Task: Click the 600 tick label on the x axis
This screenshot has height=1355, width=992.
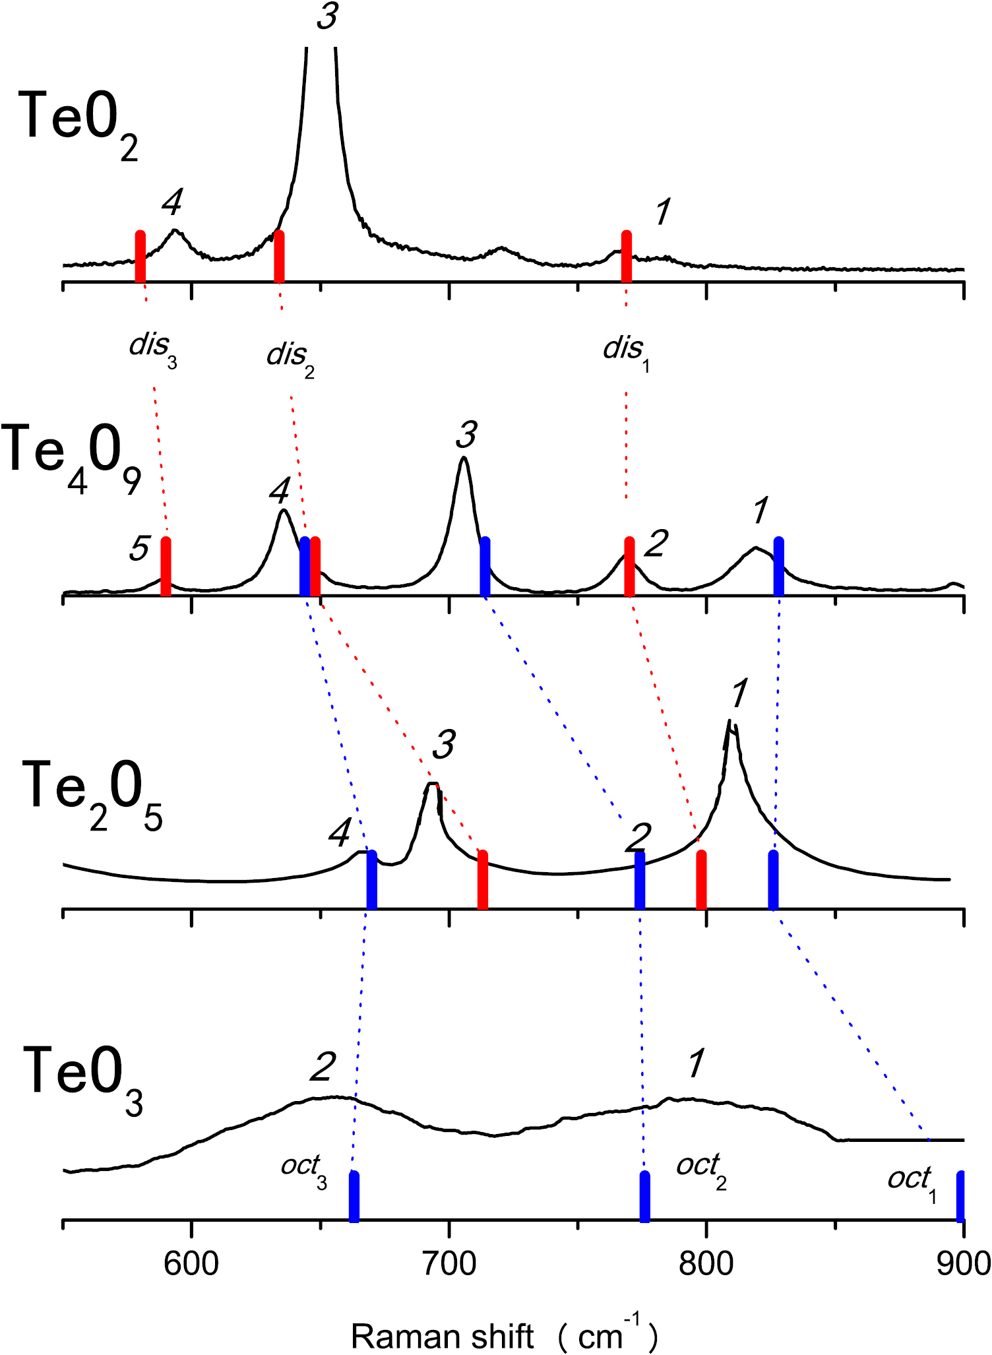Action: pos(191,1264)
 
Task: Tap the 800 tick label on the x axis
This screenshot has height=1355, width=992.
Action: pos(706,1264)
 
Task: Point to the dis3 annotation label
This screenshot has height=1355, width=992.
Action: pos(152,346)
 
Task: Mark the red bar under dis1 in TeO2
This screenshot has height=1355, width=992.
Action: pos(626,257)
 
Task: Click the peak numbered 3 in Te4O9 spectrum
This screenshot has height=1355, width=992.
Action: pos(464,458)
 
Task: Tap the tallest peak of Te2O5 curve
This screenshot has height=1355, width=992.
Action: pos(731,722)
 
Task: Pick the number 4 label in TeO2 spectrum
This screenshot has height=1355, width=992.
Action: pos(171,203)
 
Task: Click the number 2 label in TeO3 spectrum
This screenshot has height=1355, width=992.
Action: pos(323,1067)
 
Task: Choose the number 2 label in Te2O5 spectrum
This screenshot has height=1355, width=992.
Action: pos(638,838)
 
